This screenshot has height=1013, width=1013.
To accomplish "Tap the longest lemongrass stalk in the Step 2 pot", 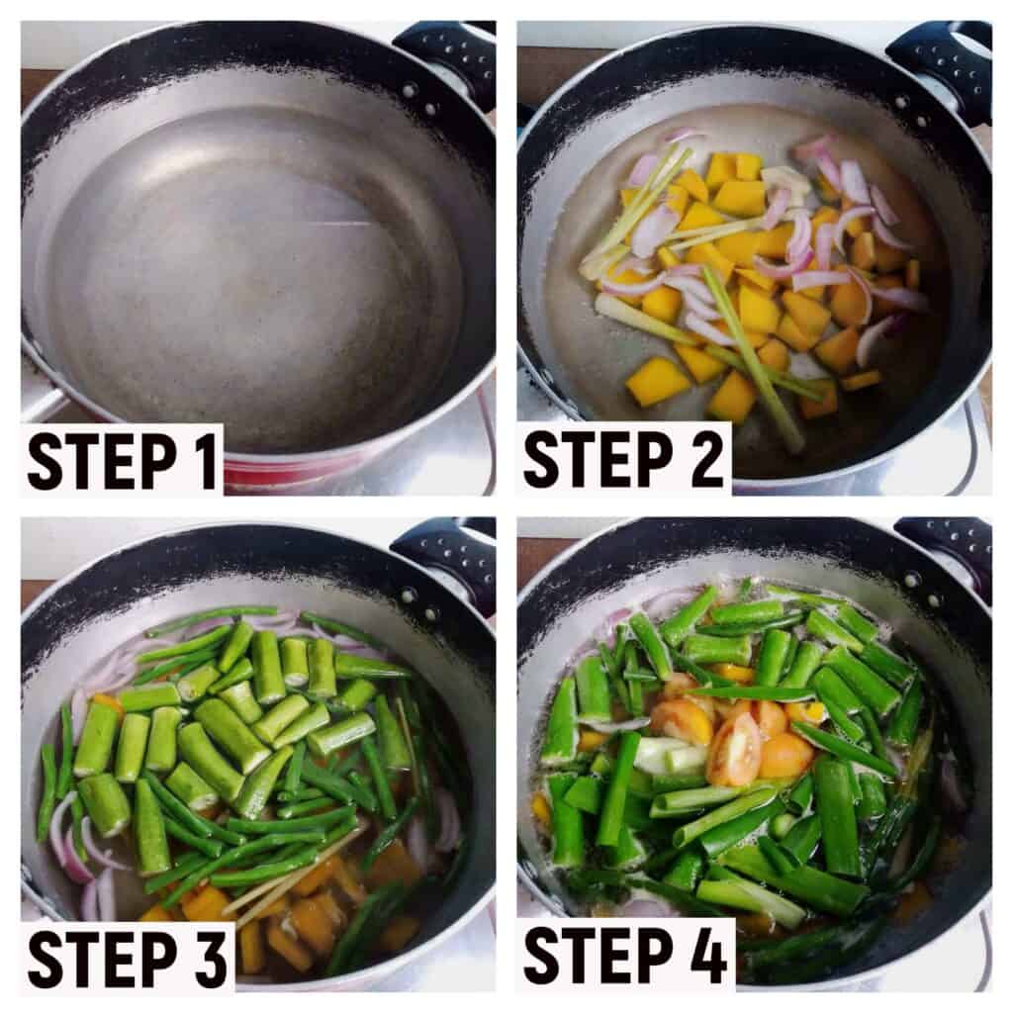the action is (x=753, y=357).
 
